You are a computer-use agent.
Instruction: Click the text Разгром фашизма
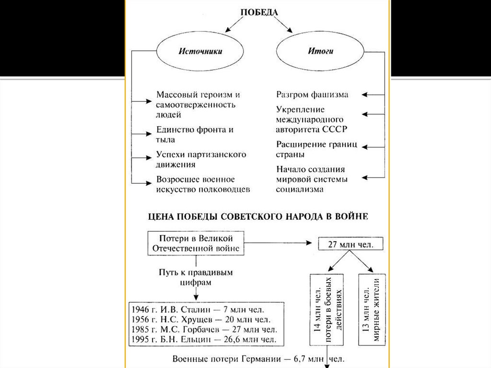pos(312,95)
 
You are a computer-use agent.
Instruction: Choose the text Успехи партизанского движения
pos(201,159)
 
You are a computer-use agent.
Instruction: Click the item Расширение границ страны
pos(316,149)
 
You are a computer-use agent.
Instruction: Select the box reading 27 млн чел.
pos(348,244)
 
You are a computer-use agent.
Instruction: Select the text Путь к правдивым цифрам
pos(196,277)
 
